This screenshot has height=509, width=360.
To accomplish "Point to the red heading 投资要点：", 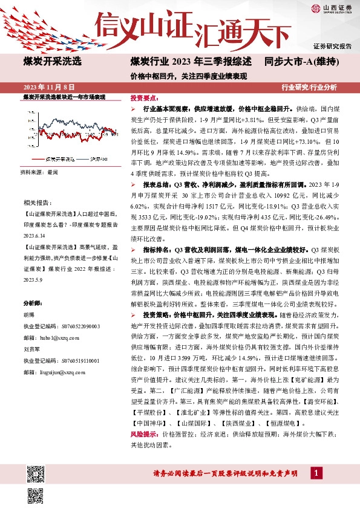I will point(144,97).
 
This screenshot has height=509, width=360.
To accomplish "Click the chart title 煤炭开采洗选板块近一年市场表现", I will point(64,97).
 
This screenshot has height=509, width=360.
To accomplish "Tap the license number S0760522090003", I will point(74,326).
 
